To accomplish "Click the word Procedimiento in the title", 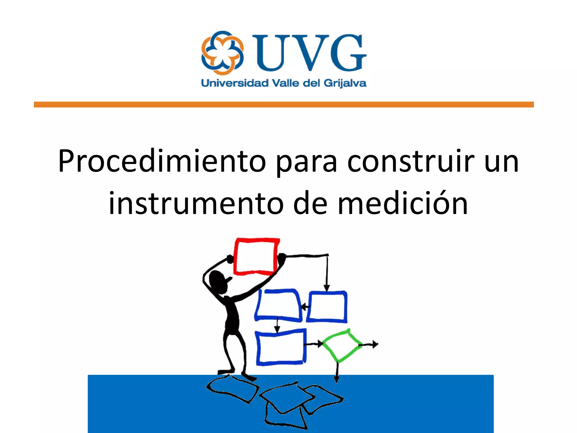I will pos(162,161).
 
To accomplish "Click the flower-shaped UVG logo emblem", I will pos(222,53).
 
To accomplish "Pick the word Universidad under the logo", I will pos(235,83).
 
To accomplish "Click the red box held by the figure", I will pos(256,256).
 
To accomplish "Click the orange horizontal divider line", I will pos(284,105).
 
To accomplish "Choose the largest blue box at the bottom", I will pos(281,347).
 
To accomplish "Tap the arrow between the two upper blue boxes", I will pos(305,307).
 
